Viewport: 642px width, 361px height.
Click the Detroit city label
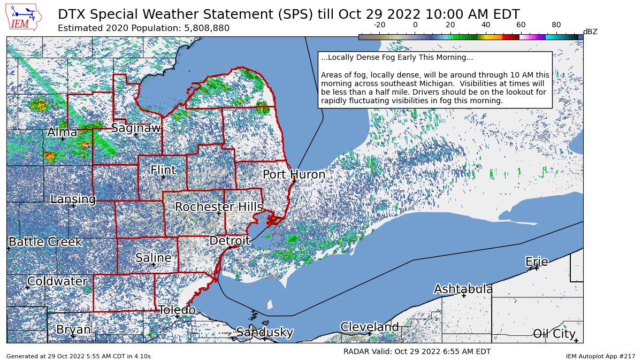pos(230,241)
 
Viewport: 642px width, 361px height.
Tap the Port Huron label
pos(294,175)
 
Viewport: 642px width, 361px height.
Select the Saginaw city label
pos(136,128)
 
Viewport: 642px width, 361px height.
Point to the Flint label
pos(163,171)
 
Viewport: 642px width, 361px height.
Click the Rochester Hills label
pos(219,207)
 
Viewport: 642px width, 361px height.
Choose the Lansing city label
pos(73,199)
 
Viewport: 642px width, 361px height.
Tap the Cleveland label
pos(370,327)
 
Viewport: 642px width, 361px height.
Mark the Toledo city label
pos(177,310)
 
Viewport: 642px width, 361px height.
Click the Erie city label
pos(537,262)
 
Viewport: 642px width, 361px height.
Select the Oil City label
pos(554,334)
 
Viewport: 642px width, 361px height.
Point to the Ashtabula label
pos(463,289)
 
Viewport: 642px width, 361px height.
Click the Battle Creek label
pos(45,242)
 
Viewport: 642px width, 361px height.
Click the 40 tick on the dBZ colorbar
pos(486,25)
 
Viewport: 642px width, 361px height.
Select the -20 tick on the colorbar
pos(380,25)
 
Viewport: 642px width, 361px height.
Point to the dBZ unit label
pos(590,32)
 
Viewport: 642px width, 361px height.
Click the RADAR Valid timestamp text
pos(417,351)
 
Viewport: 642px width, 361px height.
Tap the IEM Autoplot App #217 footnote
pos(600,356)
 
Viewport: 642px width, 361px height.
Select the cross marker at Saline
pos(153,264)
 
